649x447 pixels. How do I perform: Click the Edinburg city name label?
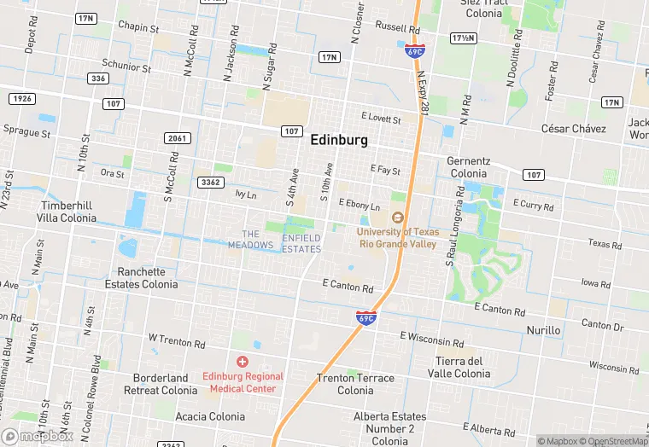[x=339, y=139]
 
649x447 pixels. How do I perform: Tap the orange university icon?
[x=396, y=218]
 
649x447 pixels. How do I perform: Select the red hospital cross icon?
[x=243, y=363]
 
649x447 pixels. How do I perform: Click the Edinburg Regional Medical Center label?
[x=243, y=382]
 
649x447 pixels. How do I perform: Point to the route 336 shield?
[x=97, y=78]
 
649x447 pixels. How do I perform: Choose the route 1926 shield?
[x=22, y=100]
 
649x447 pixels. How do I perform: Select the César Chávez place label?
[x=573, y=129]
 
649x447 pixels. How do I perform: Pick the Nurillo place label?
[x=543, y=330]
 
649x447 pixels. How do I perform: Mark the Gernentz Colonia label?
[x=468, y=166]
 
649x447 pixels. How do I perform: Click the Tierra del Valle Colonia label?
[x=462, y=367]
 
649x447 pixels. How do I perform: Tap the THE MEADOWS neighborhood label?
[x=250, y=240]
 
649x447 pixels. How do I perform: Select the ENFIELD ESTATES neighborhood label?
[x=301, y=243]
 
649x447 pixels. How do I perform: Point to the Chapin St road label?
[x=138, y=28]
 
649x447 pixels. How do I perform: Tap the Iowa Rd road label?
[x=595, y=282]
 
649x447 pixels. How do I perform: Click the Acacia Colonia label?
[x=210, y=416]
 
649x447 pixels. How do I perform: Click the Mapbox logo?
[x=38, y=436]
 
